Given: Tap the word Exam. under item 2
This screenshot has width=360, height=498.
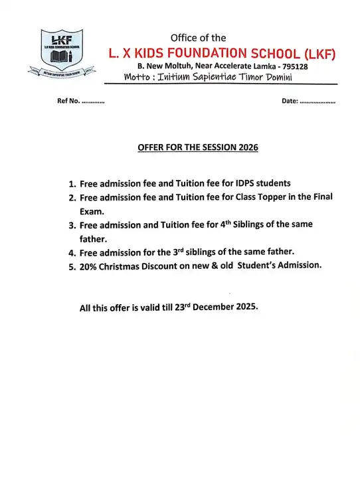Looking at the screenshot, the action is [93, 212].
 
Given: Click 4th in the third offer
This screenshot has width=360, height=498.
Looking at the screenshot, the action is [246, 224].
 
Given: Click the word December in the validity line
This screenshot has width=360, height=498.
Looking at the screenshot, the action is [209, 308].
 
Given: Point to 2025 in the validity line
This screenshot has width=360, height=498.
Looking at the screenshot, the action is [245, 308].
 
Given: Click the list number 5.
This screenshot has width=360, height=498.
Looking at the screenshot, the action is [72, 266].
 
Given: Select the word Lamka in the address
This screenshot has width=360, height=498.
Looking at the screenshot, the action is [258, 67].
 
